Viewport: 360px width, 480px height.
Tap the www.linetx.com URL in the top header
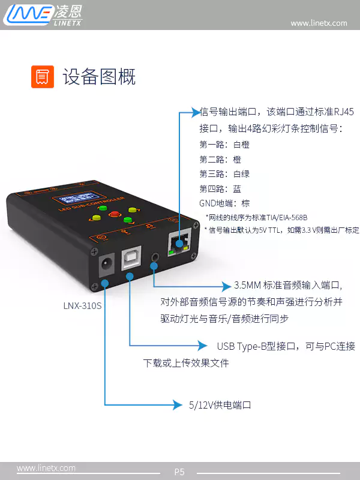(319, 23)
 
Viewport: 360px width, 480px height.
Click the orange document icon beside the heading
(43, 77)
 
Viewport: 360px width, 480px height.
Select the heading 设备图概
(99, 77)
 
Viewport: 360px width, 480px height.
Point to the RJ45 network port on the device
(179, 243)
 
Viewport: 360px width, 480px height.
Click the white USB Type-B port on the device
(131, 258)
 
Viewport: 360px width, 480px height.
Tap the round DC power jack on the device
(107, 263)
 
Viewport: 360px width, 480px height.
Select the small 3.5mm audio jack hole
(155, 257)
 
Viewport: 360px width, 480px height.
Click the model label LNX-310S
(82, 305)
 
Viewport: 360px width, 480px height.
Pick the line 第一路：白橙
(224, 145)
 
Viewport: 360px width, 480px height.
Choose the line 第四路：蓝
(220, 188)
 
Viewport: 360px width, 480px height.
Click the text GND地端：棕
(224, 203)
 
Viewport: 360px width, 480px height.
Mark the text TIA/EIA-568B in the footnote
(287, 218)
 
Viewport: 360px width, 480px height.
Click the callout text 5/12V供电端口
(220, 405)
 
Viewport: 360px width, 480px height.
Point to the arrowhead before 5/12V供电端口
(178, 404)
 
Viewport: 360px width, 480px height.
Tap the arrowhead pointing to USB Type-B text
(202, 346)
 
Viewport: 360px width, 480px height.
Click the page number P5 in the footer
(179, 472)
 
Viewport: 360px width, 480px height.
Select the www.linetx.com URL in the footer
(46, 468)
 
